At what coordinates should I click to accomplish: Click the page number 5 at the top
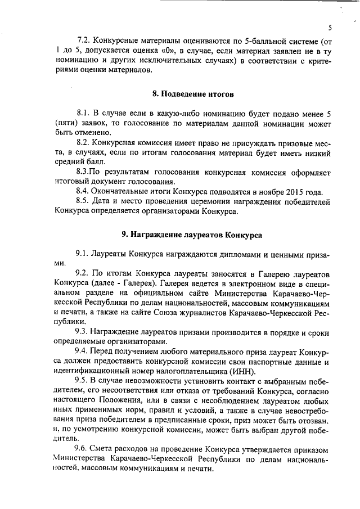point(330,27)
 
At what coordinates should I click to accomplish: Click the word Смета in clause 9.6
point(103,452)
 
